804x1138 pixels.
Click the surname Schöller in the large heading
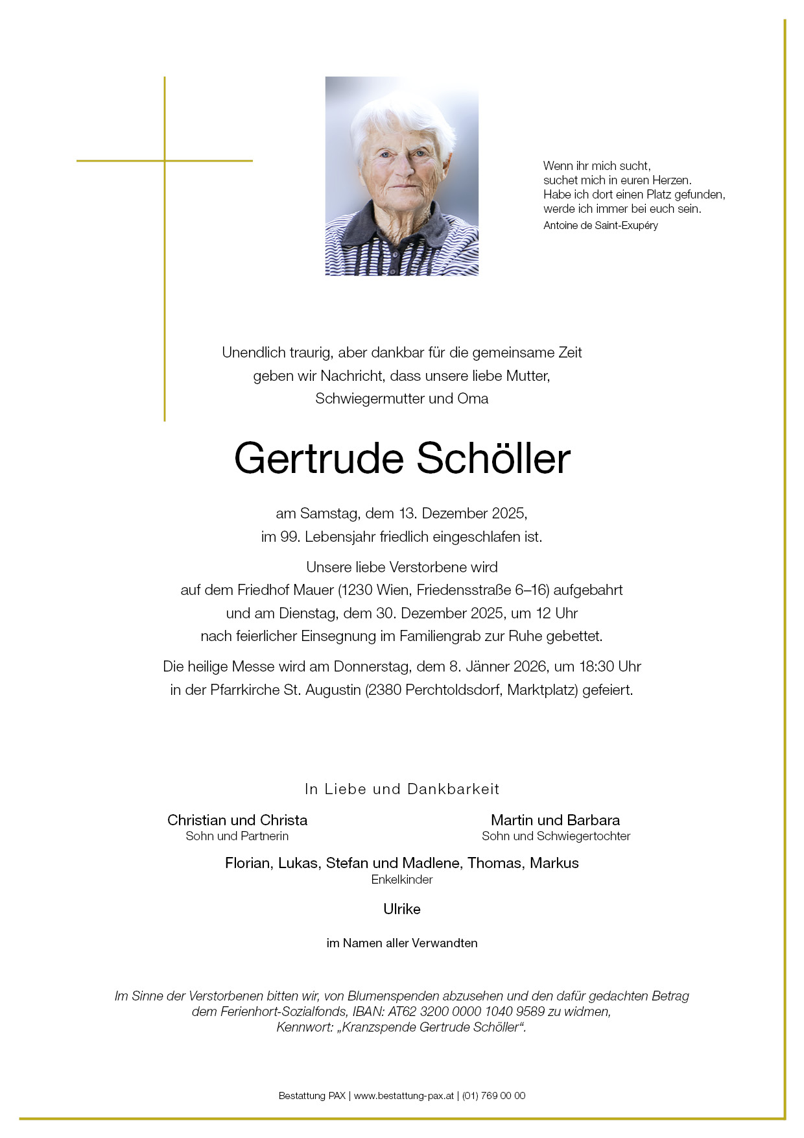click(x=493, y=459)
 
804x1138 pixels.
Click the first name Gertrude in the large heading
click(x=318, y=459)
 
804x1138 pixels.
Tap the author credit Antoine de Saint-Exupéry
click(x=600, y=226)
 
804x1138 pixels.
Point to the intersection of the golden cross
click(x=165, y=161)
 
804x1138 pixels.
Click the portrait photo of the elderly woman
click(x=401, y=176)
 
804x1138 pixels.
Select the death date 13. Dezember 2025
click(x=462, y=514)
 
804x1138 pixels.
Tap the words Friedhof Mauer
click(x=285, y=590)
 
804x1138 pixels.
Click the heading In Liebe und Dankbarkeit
click(x=402, y=790)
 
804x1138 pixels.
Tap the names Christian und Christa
click(x=237, y=820)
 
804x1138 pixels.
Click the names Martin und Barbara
click(x=555, y=820)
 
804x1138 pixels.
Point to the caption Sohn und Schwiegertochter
click(x=556, y=836)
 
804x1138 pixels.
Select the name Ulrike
click(x=402, y=910)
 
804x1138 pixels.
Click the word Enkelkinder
click(x=402, y=880)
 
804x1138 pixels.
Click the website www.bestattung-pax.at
click(x=403, y=1096)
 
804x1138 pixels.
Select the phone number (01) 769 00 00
click(x=493, y=1096)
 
